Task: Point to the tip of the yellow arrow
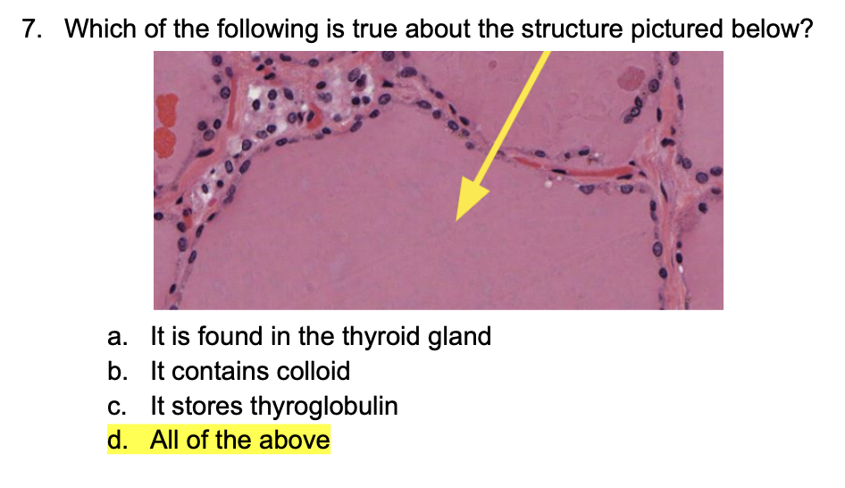(457, 219)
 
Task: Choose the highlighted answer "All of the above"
(239, 441)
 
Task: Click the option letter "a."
(115, 337)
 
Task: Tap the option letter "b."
(115, 371)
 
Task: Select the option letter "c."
(115, 407)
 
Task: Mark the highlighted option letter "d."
(115, 441)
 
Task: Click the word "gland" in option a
(458, 337)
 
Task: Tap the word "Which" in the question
(100, 29)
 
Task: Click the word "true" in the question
(375, 29)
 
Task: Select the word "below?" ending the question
(774, 29)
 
